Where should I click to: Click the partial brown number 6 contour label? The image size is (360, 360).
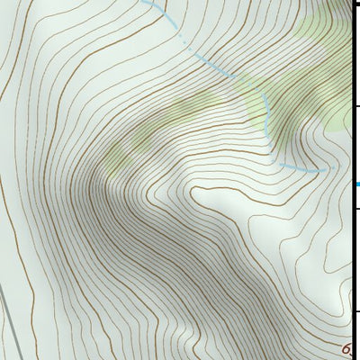(x=346, y=349)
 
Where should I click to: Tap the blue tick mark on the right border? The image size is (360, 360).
(x=356, y=184)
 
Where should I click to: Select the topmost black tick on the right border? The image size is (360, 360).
(x=356, y=107)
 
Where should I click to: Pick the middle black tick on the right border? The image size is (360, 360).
(x=356, y=209)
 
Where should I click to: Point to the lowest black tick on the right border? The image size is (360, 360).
(x=356, y=311)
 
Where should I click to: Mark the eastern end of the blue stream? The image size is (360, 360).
(x=333, y=168)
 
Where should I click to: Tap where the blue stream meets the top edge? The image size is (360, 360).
(x=144, y=2)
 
